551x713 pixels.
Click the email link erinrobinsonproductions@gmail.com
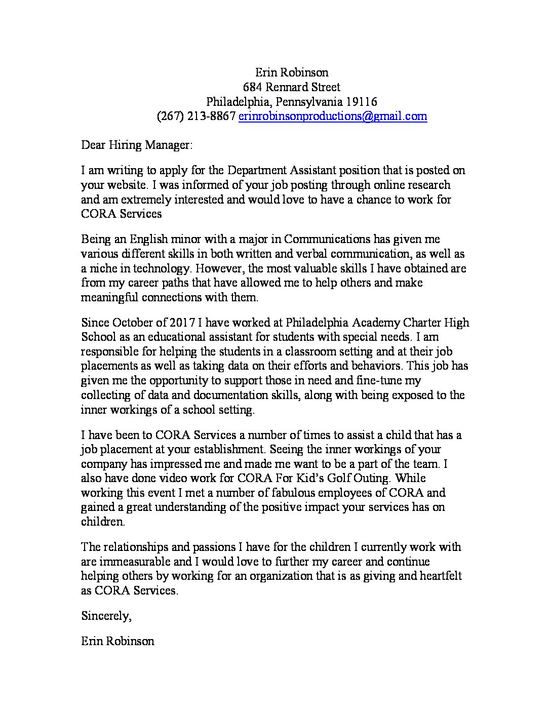(333, 116)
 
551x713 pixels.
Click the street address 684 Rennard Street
(292, 87)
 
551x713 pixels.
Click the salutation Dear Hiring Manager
(137, 145)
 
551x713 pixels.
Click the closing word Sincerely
(106, 616)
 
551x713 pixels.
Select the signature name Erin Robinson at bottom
(117, 641)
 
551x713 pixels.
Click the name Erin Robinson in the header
(292, 72)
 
